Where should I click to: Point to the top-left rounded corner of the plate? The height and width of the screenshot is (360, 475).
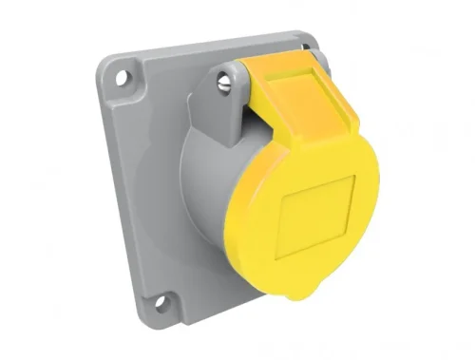(x=105, y=59)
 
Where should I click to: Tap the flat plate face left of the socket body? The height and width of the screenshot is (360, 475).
(x=152, y=190)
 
